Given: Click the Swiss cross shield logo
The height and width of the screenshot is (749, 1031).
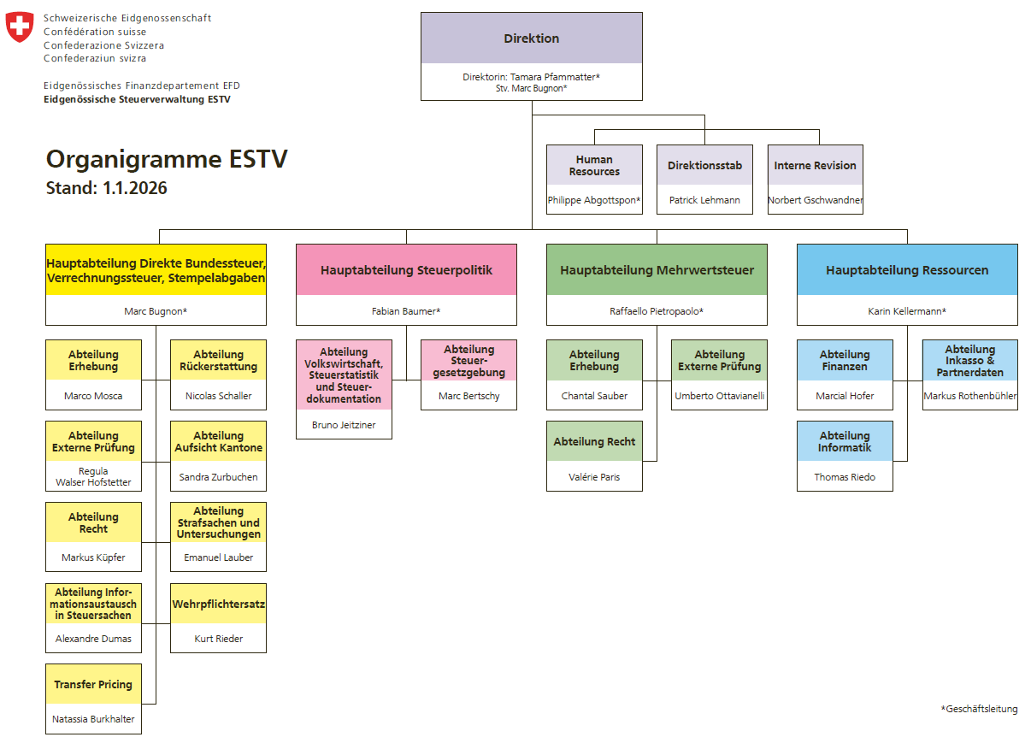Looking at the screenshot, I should click(x=20, y=27).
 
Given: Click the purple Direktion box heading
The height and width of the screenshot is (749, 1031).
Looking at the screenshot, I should click(x=531, y=38).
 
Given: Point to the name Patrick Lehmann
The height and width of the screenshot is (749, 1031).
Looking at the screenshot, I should click(x=704, y=199).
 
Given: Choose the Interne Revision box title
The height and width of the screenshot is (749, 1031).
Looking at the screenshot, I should click(x=815, y=166).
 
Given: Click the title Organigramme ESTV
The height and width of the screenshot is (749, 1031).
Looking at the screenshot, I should click(x=167, y=160).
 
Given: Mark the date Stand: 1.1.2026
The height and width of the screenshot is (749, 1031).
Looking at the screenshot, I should click(x=107, y=188).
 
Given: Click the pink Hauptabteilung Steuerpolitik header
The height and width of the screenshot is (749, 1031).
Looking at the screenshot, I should click(x=406, y=270).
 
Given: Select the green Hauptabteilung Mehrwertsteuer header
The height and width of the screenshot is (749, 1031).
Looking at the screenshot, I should click(x=657, y=270).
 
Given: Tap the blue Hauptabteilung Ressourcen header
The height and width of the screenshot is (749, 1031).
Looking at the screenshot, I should click(x=907, y=270).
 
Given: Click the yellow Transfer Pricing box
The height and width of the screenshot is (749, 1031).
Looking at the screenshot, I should click(x=93, y=685).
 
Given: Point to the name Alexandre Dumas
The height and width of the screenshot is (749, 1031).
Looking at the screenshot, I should click(x=93, y=639).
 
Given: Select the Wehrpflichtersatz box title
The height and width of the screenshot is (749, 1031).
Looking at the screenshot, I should click(x=219, y=605).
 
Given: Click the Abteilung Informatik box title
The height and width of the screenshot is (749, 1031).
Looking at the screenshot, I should click(x=845, y=442).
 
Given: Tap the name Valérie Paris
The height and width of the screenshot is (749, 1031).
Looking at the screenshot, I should click(x=594, y=477).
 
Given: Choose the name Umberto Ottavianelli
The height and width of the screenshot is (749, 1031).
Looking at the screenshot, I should click(x=719, y=396).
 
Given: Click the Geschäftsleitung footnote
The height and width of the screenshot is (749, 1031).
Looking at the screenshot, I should click(x=980, y=709).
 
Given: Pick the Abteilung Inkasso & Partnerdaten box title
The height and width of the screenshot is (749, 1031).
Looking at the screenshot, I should click(x=969, y=361).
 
